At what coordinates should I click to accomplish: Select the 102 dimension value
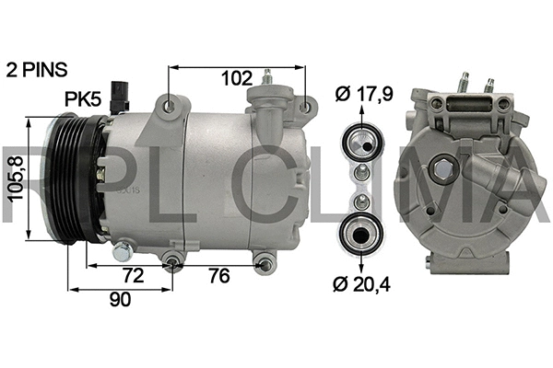coord(237,79)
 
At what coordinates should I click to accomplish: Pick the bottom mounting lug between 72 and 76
coord(174,265)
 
